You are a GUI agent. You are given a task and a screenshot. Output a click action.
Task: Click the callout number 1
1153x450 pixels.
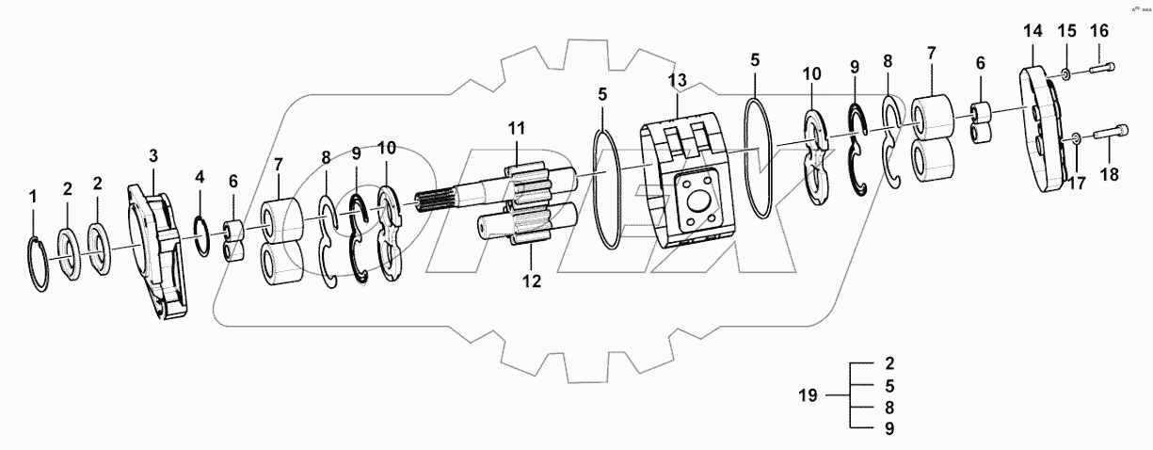coord(33,197)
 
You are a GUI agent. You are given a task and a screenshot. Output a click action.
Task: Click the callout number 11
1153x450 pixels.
coord(516,128)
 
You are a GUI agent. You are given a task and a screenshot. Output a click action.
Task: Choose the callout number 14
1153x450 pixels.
coord(1033,31)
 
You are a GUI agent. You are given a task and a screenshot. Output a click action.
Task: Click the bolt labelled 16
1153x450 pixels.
coord(1101,68)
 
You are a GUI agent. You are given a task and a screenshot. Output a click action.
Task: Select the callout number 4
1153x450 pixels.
coord(199,176)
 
